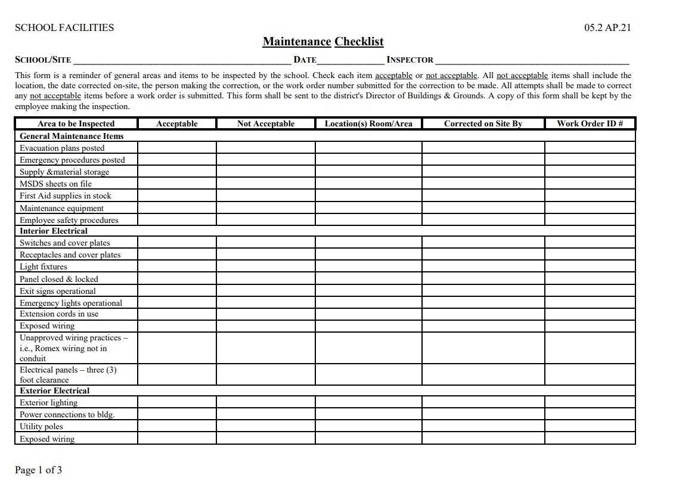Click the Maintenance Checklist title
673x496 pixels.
pos(323,42)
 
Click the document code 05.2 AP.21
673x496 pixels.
pos(607,27)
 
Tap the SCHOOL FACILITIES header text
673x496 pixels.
pos(64,27)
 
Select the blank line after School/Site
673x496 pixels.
pos(182,60)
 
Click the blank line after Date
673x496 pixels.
pos(351,60)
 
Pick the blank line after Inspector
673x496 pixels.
pos(532,60)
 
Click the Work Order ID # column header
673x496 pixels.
pos(590,123)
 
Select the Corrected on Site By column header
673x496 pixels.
pos(483,123)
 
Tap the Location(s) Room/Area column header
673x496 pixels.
pos(368,123)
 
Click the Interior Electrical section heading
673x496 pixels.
pos(54,231)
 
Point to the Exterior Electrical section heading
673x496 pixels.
pos(55,390)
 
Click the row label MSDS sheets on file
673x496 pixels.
pos(56,184)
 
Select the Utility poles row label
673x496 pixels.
pos(41,426)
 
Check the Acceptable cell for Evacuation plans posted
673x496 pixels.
pos(176,148)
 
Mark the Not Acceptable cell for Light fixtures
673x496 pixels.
pos(265,266)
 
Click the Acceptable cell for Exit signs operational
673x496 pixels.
pos(176,291)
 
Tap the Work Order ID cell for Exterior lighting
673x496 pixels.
pos(590,402)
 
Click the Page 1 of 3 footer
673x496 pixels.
pos(38,470)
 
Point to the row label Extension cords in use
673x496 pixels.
pos(59,314)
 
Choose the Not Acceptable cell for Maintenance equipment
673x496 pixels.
pos(265,208)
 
